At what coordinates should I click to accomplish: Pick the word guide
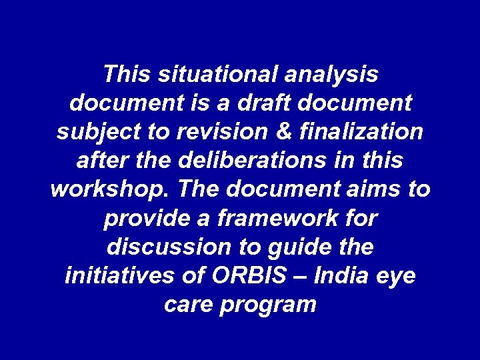coord(297,247)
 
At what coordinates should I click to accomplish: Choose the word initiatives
coord(117,276)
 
